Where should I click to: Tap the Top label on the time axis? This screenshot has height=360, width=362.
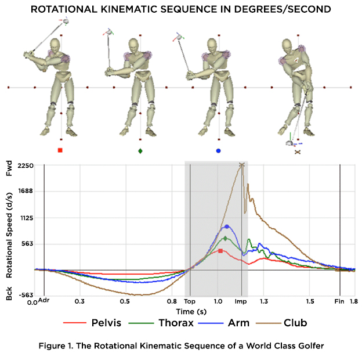coord(189,303)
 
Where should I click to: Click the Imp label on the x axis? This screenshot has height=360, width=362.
coord(242,303)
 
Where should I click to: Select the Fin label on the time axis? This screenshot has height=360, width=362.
coord(340,303)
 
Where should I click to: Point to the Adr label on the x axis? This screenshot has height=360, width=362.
coord(44,301)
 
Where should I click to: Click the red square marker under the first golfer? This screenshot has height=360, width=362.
coord(60,151)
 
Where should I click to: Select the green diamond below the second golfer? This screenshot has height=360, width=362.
coord(140,151)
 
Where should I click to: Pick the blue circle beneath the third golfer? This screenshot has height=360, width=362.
coord(218,151)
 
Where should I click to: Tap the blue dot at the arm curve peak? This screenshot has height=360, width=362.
coord(226,226)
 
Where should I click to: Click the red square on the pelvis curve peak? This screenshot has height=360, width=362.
coord(220,251)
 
